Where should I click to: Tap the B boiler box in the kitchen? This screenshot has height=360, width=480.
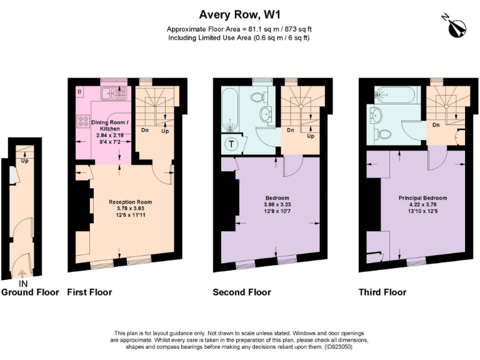pyautogui.click(x=79, y=92)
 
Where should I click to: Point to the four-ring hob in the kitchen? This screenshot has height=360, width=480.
pyautogui.click(x=83, y=121)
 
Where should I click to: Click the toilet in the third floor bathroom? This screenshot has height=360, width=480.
pyautogui.click(x=383, y=133)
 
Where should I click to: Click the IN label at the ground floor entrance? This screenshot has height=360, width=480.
pyautogui.click(x=23, y=283)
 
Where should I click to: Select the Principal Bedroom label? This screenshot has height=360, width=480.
pyautogui.click(x=422, y=198)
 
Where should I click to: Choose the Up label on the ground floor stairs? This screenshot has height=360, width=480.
pyautogui.click(x=24, y=160)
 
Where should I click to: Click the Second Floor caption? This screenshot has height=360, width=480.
pyautogui.click(x=242, y=292)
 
